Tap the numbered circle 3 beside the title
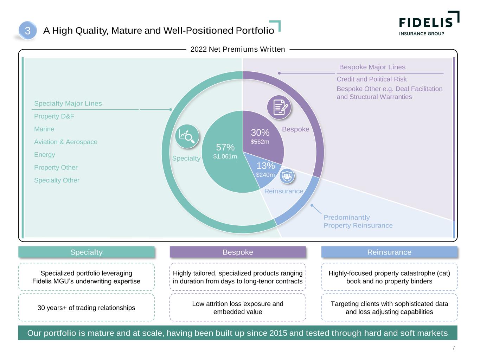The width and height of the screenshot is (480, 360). tap(27, 31)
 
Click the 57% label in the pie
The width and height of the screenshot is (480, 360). tap(225, 147)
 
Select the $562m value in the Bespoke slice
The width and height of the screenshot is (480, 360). tap(260, 142)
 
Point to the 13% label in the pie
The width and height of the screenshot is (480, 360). tap(265, 166)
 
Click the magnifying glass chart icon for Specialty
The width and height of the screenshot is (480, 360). tap(187, 136)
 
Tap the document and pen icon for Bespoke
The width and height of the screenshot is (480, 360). tap(279, 107)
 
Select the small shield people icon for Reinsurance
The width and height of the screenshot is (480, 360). tap(287, 176)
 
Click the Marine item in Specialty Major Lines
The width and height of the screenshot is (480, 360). tap(44, 129)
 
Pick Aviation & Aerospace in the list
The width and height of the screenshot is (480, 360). tap(66, 142)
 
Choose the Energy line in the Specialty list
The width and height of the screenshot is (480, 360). tap(45, 155)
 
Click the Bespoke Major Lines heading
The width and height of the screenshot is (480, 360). tap(372, 67)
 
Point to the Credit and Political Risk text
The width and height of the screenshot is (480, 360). tap(372, 79)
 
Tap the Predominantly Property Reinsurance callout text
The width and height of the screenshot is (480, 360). tap(358, 221)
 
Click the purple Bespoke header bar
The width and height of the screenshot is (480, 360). tap(238, 252)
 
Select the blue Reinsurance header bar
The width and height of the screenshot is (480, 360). tap(389, 252)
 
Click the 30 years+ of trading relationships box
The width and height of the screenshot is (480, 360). tap(86, 308)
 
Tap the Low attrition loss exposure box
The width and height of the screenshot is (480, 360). tap(238, 308)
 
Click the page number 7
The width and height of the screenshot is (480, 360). tap(454, 348)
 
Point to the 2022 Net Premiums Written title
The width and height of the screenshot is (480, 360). tap(238, 49)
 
